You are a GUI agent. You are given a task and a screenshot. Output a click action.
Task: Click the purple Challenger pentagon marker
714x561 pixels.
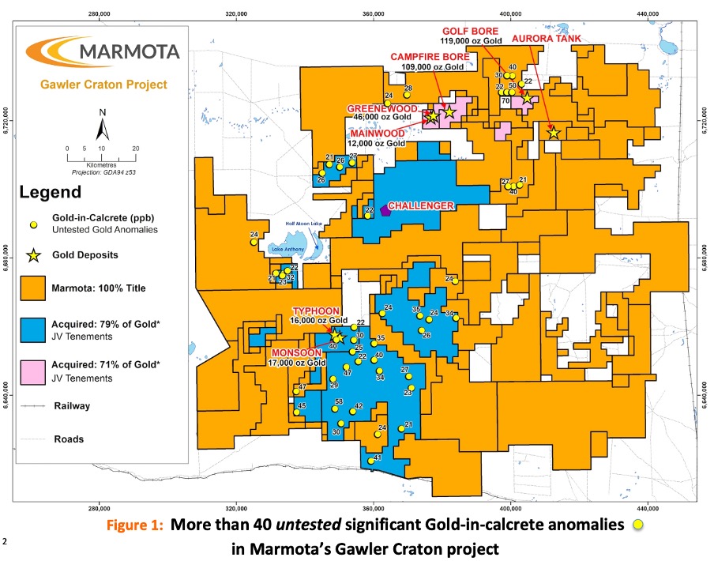click(385, 210)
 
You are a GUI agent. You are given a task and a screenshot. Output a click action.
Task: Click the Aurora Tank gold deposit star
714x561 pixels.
click(553, 133)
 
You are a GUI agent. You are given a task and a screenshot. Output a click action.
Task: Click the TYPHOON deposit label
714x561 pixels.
click(320, 311)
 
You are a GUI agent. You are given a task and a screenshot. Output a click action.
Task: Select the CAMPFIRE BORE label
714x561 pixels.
click(430, 57)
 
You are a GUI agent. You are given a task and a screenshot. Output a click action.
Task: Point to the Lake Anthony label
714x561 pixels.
click(287, 250)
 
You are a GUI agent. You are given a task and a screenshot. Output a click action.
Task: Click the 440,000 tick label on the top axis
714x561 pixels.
click(648, 13)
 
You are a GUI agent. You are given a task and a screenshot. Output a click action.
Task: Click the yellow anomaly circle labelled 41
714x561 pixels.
click(371, 461)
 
